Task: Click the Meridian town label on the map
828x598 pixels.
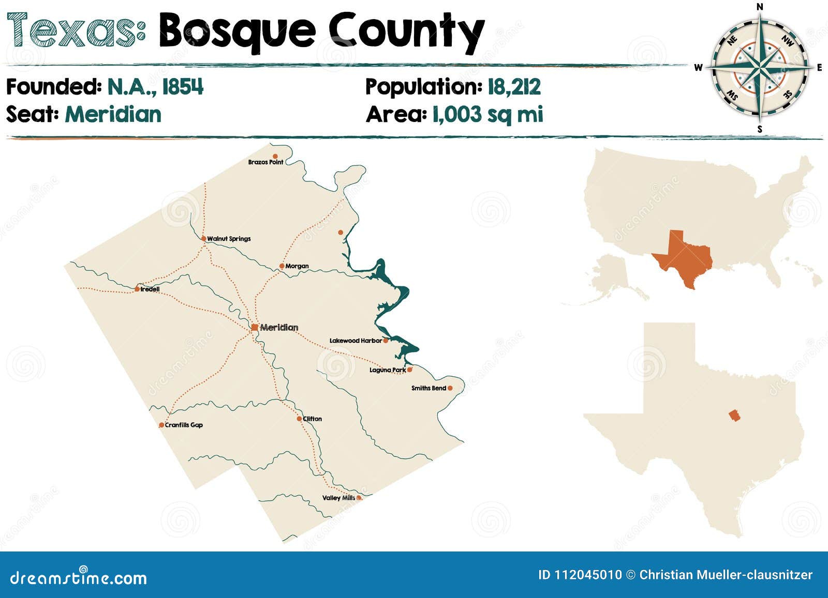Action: click(279, 327)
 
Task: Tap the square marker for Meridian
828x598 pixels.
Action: click(255, 327)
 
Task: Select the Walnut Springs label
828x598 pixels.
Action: click(229, 239)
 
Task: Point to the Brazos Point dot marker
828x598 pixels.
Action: click(275, 156)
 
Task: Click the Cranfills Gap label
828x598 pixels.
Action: click(184, 425)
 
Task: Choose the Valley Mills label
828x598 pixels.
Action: click(338, 498)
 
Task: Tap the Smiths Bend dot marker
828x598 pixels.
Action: click(450, 388)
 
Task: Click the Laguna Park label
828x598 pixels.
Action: click(388, 370)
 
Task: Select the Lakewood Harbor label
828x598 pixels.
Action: click(356, 341)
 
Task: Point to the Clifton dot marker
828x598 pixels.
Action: click(299, 419)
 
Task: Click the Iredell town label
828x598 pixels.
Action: click(150, 289)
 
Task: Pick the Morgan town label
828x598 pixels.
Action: click(297, 266)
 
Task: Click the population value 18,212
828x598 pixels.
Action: click(514, 87)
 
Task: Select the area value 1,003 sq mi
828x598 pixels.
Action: click(487, 114)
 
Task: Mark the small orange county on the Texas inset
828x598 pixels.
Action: click(734, 415)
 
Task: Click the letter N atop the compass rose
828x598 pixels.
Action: click(760, 7)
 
